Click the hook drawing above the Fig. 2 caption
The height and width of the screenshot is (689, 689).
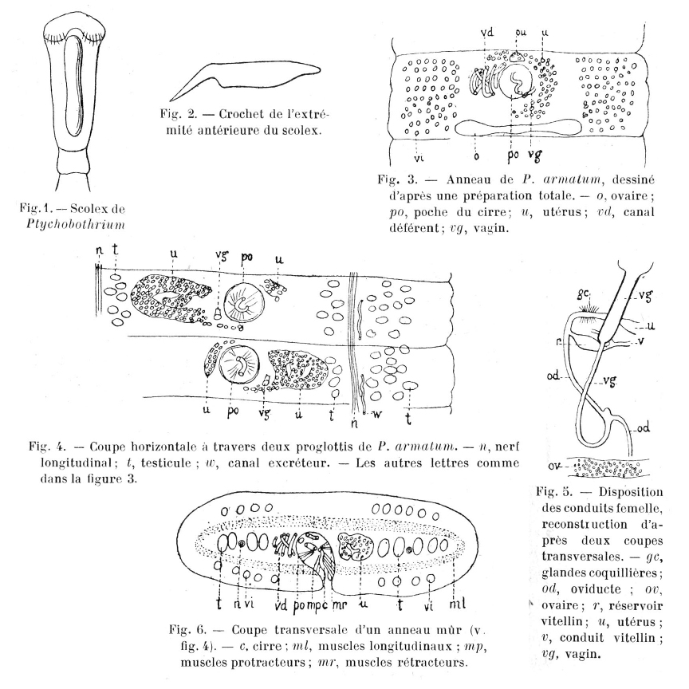click(x=239, y=76)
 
